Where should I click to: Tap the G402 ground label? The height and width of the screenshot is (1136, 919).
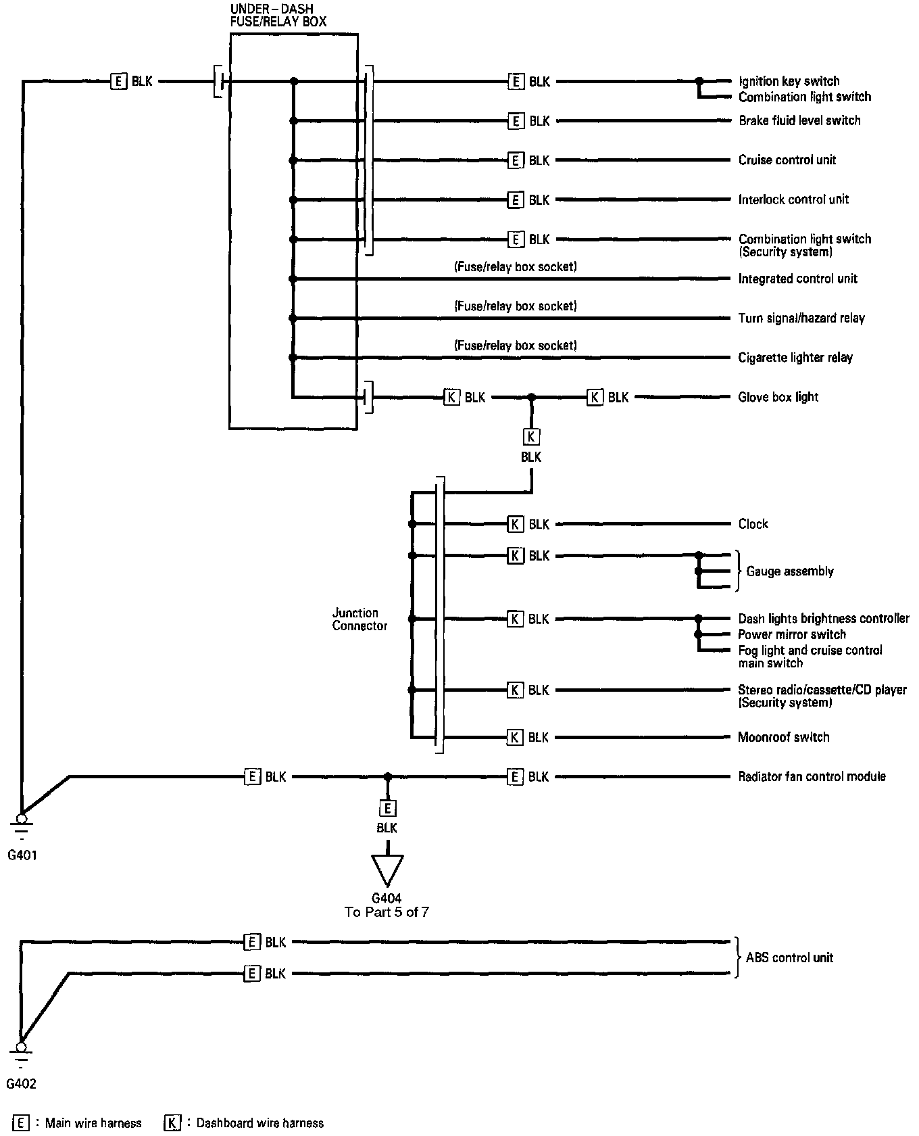point(21,1084)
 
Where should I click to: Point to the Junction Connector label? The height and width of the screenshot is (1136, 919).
point(359,619)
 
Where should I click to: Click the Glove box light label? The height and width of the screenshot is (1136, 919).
point(778,397)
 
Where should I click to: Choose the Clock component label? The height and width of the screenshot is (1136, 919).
point(753,524)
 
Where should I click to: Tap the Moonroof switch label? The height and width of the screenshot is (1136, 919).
point(783,737)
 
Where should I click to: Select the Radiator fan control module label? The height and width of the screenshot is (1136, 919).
point(812,776)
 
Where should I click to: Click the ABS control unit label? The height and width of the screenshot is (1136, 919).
point(789,957)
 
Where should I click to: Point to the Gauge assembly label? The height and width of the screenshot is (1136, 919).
point(789,571)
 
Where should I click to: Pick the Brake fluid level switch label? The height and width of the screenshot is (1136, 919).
point(799,120)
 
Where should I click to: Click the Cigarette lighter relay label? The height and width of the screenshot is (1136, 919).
point(795,357)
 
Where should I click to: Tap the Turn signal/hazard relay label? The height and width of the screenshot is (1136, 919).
point(801,318)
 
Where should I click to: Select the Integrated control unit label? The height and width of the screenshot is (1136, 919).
point(797,279)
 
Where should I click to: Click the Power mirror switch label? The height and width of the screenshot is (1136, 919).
point(792,634)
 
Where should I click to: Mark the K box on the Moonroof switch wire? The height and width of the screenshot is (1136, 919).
point(515,737)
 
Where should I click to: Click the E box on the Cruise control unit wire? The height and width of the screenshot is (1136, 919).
point(516,160)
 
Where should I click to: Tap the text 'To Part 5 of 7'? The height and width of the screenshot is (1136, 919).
point(387,912)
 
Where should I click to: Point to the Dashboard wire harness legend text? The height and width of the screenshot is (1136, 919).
point(259,1123)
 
